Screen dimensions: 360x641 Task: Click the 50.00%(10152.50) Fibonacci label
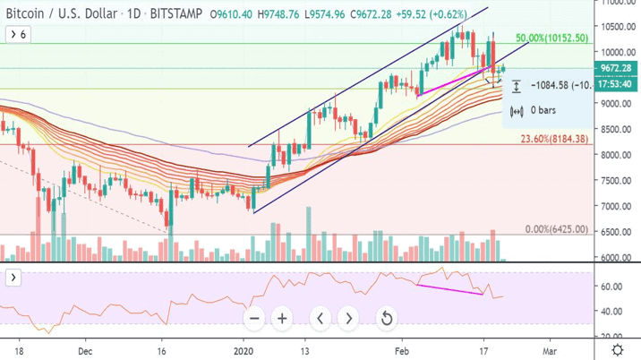click(551, 39)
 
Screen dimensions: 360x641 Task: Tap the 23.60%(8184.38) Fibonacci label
click(553, 139)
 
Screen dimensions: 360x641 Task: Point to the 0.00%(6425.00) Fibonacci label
click(557, 229)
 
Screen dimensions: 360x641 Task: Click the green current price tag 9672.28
click(616, 68)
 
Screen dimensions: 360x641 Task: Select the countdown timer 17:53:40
click(616, 84)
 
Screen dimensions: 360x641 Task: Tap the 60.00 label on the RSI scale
click(612, 287)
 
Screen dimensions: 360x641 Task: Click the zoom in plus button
click(282, 318)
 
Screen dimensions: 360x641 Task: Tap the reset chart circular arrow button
click(386, 318)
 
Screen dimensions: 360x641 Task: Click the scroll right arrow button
click(347, 318)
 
